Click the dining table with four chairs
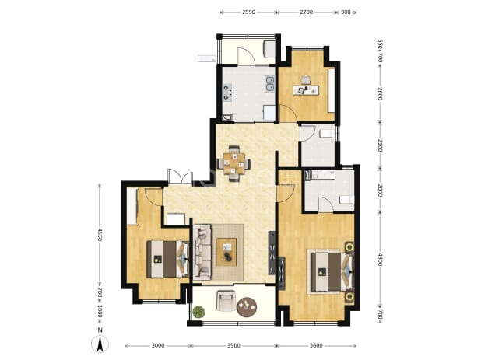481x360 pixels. click(234, 163)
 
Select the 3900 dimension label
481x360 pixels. click(233, 345)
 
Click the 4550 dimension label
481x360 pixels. click(99, 234)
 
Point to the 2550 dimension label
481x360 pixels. click(248, 12)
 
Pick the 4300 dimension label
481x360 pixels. click(380, 259)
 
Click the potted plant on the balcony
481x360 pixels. click(198, 312)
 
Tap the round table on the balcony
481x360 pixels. click(247, 307)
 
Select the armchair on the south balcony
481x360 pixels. click(226, 301)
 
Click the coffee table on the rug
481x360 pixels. click(226, 252)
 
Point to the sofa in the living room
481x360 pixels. click(202, 252)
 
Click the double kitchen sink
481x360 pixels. click(269, 84)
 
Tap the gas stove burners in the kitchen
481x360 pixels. click(227, 93)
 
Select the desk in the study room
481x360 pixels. click(306, 89)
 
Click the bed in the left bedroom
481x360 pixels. click(167, 259)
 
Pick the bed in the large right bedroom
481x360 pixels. click(332, 271)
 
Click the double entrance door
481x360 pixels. click(180, 177)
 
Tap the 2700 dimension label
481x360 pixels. click(306, 12)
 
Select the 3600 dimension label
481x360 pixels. click(316, 345)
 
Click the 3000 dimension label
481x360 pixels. click(158, 345)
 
